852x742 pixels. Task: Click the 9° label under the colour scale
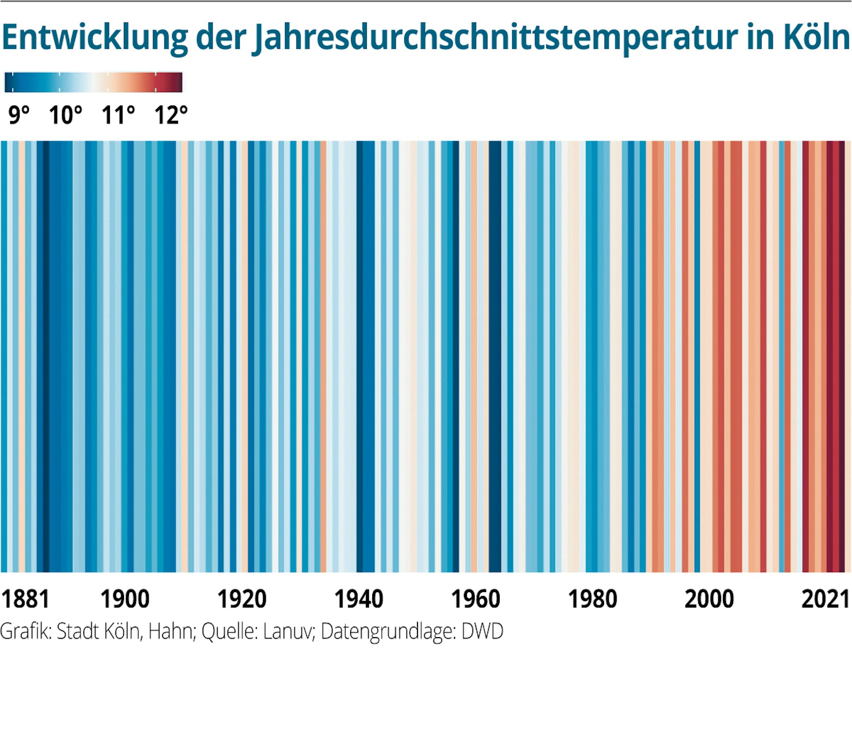coord(19,115)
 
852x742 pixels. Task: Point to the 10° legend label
coord(65,115)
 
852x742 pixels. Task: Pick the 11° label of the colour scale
coord(118,115)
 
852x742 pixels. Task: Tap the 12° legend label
coord(171,115)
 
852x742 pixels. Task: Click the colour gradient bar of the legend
coord(93,82)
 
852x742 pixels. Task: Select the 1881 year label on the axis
coord(26,599)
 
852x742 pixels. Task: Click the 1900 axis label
coord(125,599)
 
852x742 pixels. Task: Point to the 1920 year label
coord(242,599)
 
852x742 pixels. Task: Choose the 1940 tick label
coord(359,599)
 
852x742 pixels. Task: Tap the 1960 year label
coord(475,599)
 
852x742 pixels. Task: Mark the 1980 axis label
coord(593,599)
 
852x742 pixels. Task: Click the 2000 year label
coord(709,599)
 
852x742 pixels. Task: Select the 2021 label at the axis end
coord(825,599)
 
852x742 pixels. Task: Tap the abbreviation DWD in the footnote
coord(482,632)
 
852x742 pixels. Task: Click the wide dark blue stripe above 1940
coord(366,356)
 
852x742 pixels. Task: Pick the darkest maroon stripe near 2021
coord(842,356)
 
